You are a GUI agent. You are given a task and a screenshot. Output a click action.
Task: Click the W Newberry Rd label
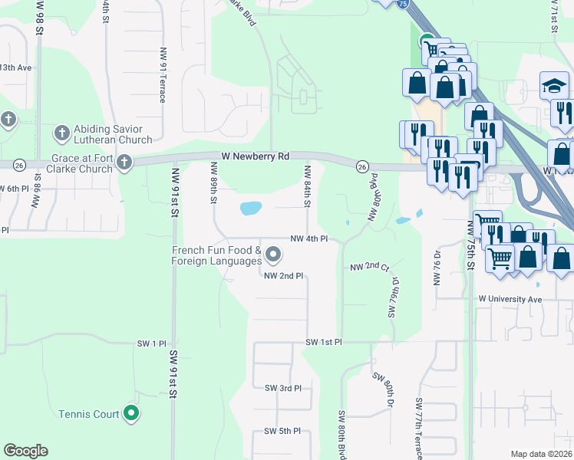(255, 156)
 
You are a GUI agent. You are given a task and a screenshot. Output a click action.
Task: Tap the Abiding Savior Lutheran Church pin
(61, 133)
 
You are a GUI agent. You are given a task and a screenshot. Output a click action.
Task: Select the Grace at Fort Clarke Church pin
(123, 163)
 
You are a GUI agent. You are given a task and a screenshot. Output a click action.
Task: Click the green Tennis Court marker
(132, 414)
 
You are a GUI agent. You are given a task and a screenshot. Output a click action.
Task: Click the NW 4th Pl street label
(309, 238)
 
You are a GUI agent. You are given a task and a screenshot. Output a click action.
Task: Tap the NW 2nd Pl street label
(284, 275)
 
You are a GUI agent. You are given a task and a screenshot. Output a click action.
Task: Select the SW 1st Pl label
(323, 341)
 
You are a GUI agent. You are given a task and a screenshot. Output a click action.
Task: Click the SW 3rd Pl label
(283, 388)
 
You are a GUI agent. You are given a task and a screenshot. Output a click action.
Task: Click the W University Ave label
(510, 298)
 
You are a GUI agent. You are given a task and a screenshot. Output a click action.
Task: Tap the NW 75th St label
(470, 245)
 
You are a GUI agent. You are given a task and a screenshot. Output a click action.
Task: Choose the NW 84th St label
(306, 186)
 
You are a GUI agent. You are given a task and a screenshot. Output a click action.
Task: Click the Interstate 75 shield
(403, 3)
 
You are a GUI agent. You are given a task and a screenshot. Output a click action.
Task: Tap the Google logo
(25, 451)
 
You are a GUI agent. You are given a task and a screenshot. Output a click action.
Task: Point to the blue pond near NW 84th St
(250, 208)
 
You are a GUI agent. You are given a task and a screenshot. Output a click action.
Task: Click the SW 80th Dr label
(384, 389)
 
